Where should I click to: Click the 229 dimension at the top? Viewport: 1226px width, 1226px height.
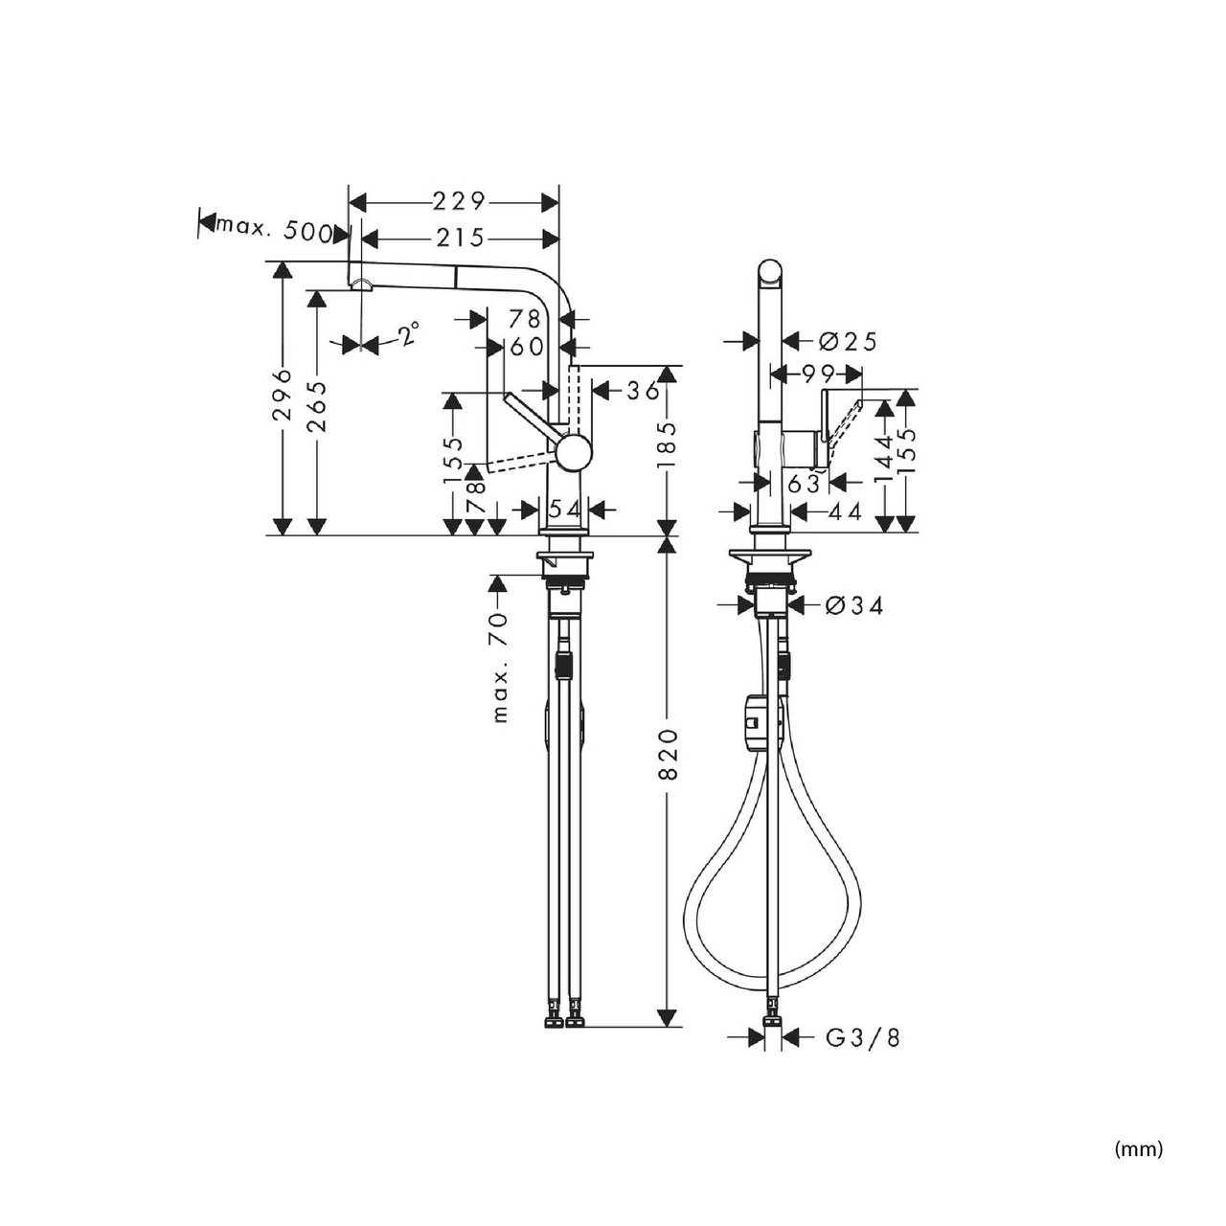point(459,202)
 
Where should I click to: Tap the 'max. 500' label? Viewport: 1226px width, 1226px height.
point(274,230)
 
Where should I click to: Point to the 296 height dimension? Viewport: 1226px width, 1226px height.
point(282,394)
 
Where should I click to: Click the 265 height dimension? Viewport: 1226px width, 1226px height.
point(316,406)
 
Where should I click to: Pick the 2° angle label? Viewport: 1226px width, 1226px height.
point(409,333)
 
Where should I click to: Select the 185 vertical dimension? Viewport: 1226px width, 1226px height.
point(667,445)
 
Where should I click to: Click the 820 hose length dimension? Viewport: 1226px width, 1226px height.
point(667,755)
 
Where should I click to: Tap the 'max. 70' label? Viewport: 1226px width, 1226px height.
point(501,668)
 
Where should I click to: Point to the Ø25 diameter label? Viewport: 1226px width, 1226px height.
point(847,342)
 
